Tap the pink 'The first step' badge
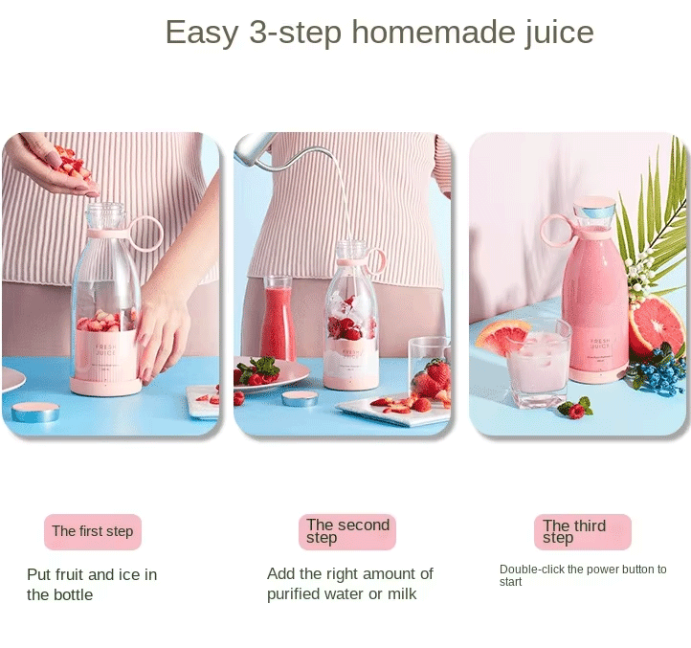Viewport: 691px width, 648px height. (x=93, y=531)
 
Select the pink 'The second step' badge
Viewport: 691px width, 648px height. (x=347, y=531)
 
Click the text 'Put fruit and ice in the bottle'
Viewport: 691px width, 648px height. (x=92, y=584)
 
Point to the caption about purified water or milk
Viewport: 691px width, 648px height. (x=349, y=584)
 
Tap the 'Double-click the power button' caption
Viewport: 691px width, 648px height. (x=583, y=574)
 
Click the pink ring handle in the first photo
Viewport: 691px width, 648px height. (x=145, y=234)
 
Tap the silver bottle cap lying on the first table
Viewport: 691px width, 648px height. (x=35, y=412)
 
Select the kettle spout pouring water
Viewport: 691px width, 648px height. (x=254, y=147)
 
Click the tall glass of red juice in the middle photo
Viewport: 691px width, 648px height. (x=278, y=318)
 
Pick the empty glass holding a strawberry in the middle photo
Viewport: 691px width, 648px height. (x=429, y=369)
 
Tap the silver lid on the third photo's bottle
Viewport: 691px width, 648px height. (x=595, y=207)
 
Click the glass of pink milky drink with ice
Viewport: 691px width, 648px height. (x=538, y=364)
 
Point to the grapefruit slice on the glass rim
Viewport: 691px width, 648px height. (x=503, y=336)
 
